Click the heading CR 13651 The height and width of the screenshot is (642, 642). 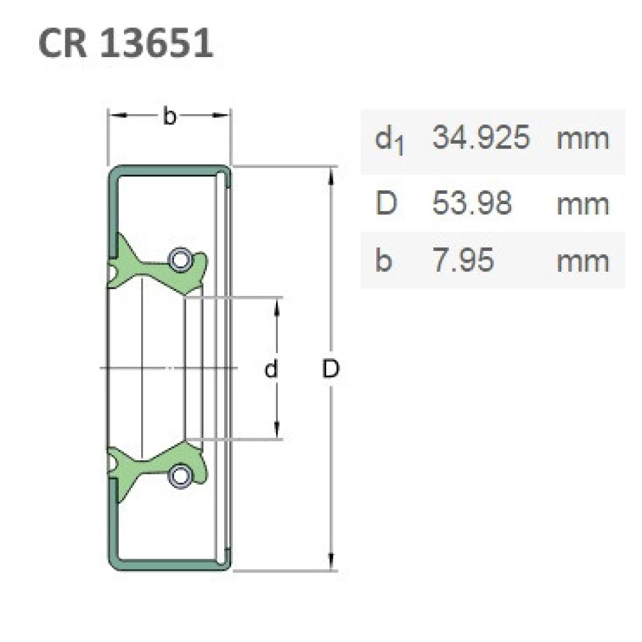coord(126,44)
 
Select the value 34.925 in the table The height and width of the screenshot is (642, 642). coord(481,138)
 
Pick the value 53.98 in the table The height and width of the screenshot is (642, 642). coord(472,204)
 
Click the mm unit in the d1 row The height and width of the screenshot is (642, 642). coord(582,138)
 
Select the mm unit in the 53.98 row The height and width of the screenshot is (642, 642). coord(582,204)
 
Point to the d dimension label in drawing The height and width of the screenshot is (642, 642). coord(272,369)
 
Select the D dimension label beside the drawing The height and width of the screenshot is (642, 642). coord(331,369)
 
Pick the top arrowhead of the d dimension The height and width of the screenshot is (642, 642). coord(277,306)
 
